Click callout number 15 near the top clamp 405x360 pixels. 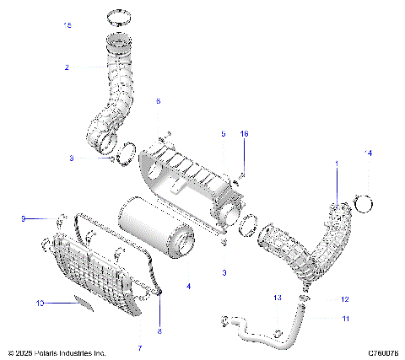click(x=68, y=27)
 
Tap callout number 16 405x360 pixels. click(x=245, y=134)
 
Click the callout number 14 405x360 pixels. click(x=367, y=153)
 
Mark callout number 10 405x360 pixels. click(x=40, y=301)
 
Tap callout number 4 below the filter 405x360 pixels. click(x=188, y=287)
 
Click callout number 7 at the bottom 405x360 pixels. click(x=140, y=347)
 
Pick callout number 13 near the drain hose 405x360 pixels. click(x=277, y=298)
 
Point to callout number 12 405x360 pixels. click(x=344, y=299)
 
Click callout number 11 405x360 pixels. click(x=344, y=318)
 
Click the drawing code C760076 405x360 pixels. click(x=381, y=352)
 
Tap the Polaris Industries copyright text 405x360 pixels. click(x=57, y=352)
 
